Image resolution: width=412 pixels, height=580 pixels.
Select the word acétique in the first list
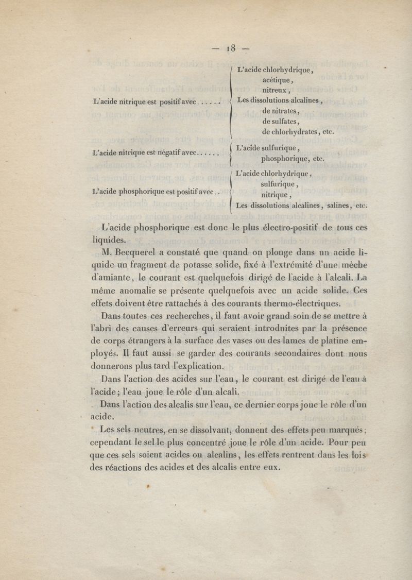coord(277,80)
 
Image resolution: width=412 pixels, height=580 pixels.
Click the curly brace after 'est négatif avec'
coord(229,153)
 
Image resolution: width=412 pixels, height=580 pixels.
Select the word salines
coord(338,205)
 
